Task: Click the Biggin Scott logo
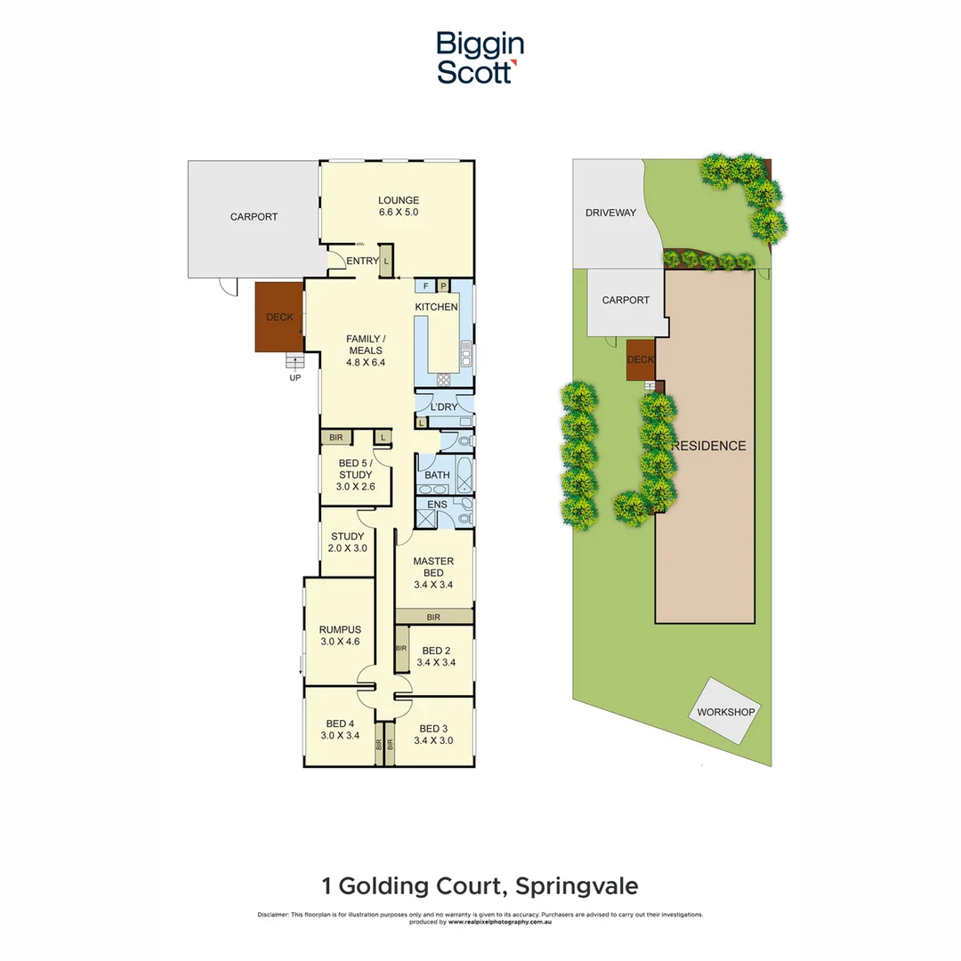click(480, 58)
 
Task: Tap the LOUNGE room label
click(398, 200)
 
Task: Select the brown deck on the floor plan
click(279, 317)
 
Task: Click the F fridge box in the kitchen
click(426, 286)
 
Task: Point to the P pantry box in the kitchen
click(442, 286)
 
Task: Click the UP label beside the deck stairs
click(295, 377)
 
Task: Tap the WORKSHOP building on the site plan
click(726, 711)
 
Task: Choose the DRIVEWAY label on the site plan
click(610, 213)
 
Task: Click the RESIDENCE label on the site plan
click(708, 445)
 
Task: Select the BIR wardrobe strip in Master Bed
click(433, 617)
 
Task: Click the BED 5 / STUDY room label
click(355, 469)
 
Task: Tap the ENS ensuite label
click(437, 505)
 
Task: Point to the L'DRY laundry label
click(443, 408)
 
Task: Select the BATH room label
click(437, 475)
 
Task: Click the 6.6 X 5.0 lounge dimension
click(398, 213)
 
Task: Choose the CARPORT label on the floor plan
click(254, 216)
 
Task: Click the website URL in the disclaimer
click(504, 922)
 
